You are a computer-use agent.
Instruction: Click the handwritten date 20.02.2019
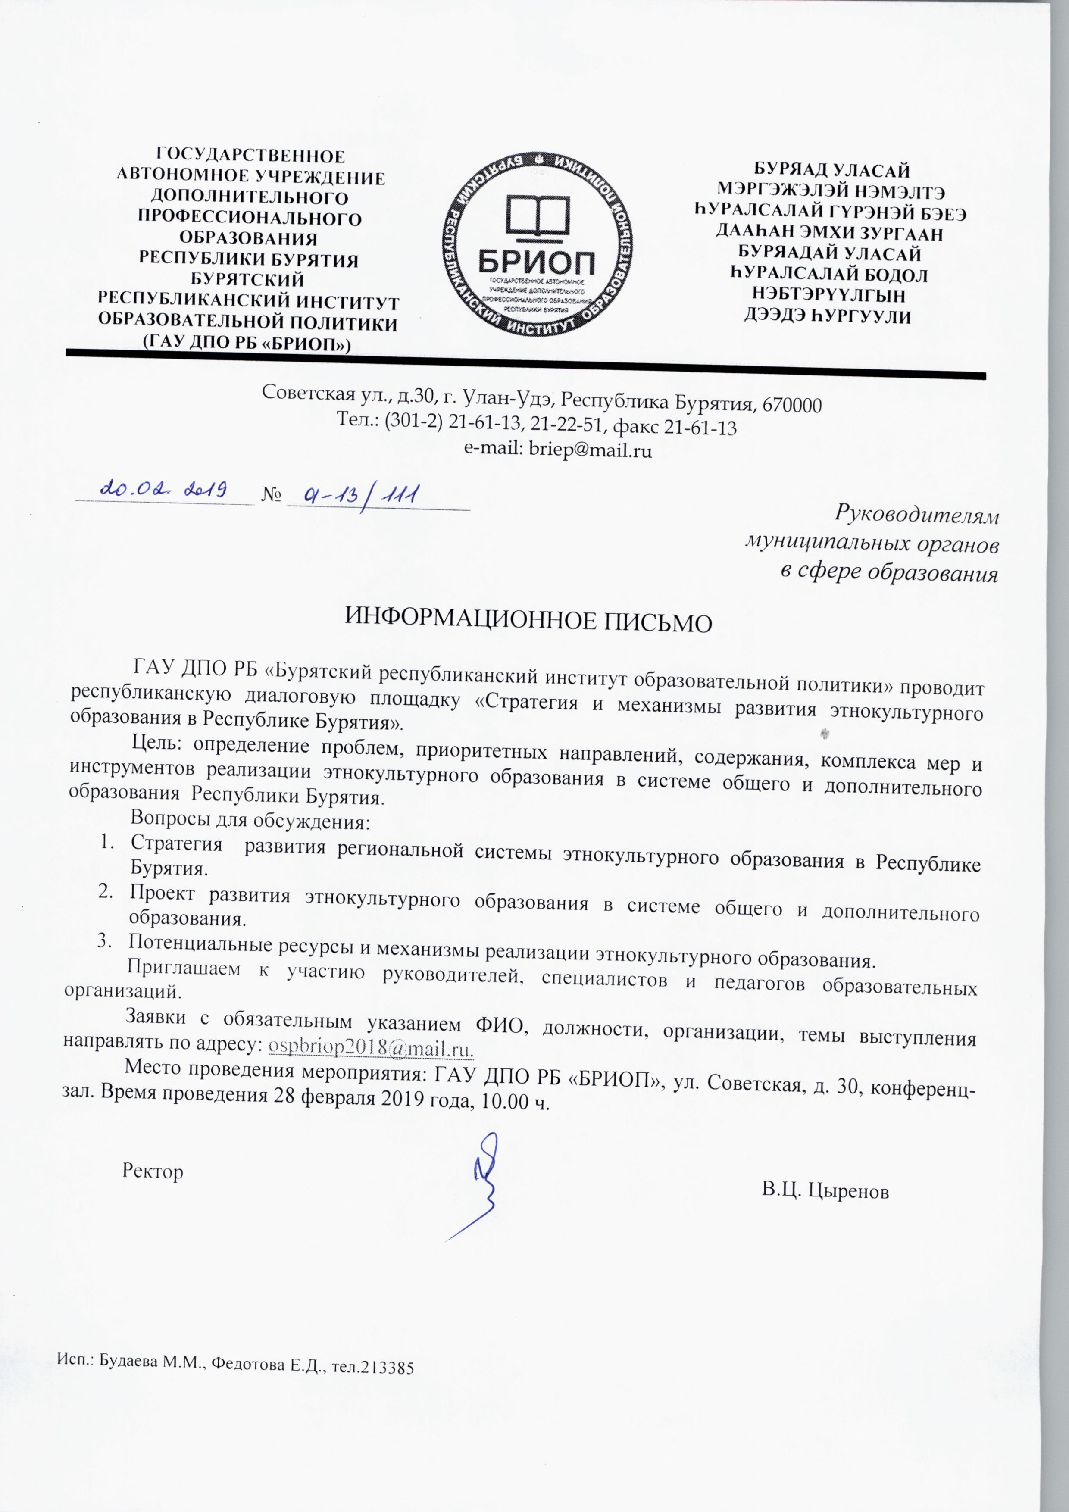coord(163,489)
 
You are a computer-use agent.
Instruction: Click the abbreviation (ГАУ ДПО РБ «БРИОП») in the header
coord(247,343)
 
